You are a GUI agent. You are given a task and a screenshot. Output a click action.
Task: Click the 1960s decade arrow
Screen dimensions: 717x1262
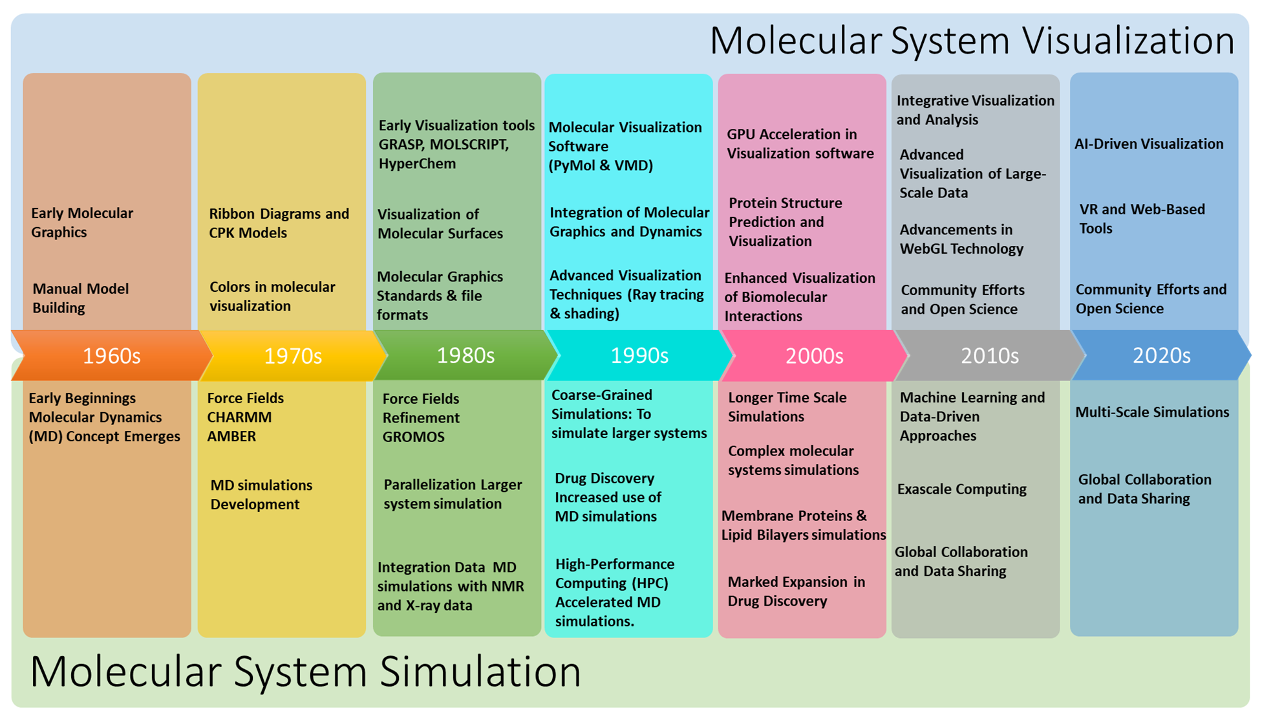(111, 355)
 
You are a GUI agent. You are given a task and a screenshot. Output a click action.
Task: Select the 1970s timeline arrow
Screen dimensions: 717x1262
(293, 355)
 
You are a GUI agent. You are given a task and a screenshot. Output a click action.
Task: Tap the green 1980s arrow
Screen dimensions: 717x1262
(465, 355)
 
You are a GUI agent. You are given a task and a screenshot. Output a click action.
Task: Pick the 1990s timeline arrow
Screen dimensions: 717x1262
(639, 355)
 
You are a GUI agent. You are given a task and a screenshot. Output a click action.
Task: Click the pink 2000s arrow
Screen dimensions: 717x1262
(814, 355)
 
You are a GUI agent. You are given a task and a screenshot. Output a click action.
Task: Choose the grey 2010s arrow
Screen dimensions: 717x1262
(989, 355)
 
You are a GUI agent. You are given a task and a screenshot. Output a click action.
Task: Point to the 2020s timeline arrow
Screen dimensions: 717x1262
(1161, 355)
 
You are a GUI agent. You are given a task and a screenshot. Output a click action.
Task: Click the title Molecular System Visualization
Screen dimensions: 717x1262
(972, 40)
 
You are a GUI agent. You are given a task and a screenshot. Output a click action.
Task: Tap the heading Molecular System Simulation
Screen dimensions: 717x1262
(305, 671)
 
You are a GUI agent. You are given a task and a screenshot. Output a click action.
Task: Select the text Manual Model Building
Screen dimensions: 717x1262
(80, 298)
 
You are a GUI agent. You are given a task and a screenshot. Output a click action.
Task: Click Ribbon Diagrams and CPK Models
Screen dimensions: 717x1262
(279, 223)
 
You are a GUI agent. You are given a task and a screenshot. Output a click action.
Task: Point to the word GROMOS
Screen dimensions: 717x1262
(413, 437)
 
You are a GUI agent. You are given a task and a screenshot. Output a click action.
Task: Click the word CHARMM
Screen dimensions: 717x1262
(239, 417)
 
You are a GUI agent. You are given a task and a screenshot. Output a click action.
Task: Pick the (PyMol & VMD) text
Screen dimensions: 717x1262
(601, 166)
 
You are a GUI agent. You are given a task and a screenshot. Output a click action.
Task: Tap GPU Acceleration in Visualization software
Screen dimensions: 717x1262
(800, 144)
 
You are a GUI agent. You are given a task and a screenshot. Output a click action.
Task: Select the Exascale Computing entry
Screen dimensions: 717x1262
(961, 489)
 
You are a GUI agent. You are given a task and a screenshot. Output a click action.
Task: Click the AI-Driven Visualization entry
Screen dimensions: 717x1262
(1148, 144)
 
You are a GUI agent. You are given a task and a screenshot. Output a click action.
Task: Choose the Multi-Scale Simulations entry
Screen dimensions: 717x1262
(1151, 412)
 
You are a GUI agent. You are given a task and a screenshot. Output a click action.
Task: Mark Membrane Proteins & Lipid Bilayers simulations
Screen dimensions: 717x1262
(803, 525)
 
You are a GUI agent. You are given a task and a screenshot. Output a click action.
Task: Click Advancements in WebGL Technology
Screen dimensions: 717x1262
(961, 239)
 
